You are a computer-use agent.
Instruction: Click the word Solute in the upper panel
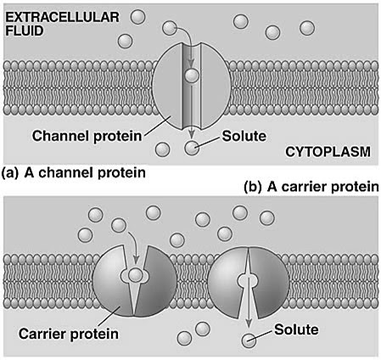point(242,135)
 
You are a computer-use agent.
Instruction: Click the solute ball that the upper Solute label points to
point(193,149)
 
